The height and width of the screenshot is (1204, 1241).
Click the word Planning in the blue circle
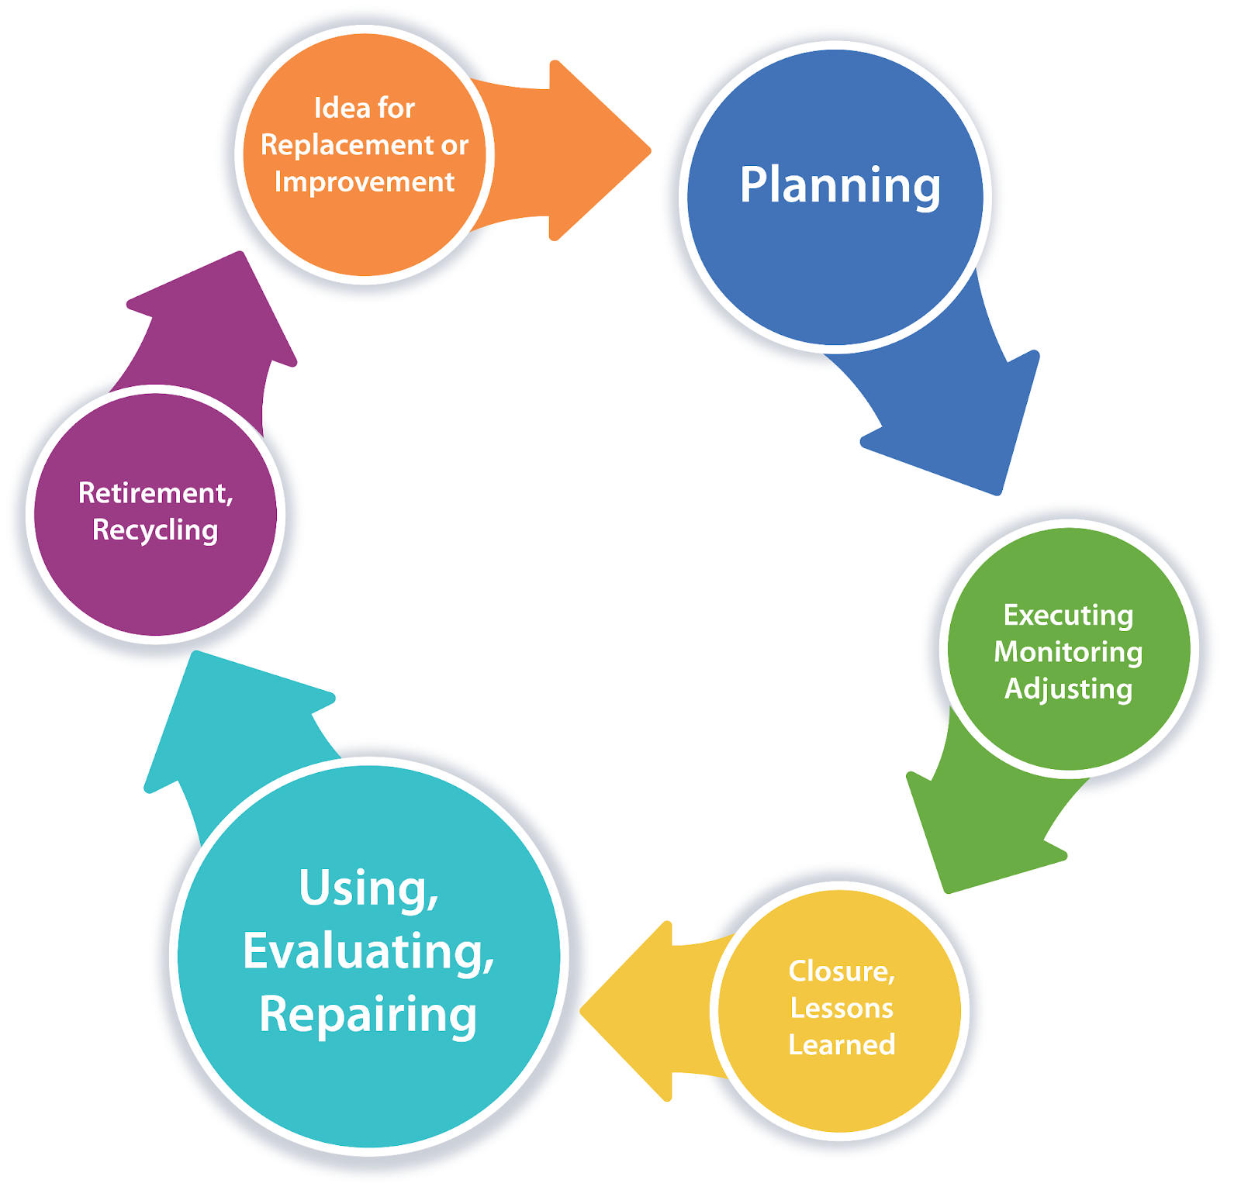(x=839, y=185)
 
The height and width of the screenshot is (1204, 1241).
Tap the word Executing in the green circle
(x=1068, y=615)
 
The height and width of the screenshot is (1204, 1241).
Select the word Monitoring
(x=1068, y=651)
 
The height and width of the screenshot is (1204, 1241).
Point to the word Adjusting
(x=1068, y=688)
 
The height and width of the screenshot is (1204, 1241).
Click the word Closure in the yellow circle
(x=841, y=971)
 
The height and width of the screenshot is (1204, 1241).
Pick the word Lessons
(x=842, y=1008)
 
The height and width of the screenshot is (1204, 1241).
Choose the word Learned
(x=842, y=1044)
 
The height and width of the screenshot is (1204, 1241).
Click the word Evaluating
(x=368, y=951)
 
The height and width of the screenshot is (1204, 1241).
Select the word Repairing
(x=368, y=1014)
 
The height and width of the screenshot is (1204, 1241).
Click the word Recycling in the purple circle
(x=155, y=530)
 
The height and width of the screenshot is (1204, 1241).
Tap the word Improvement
(x=364, y=181)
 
